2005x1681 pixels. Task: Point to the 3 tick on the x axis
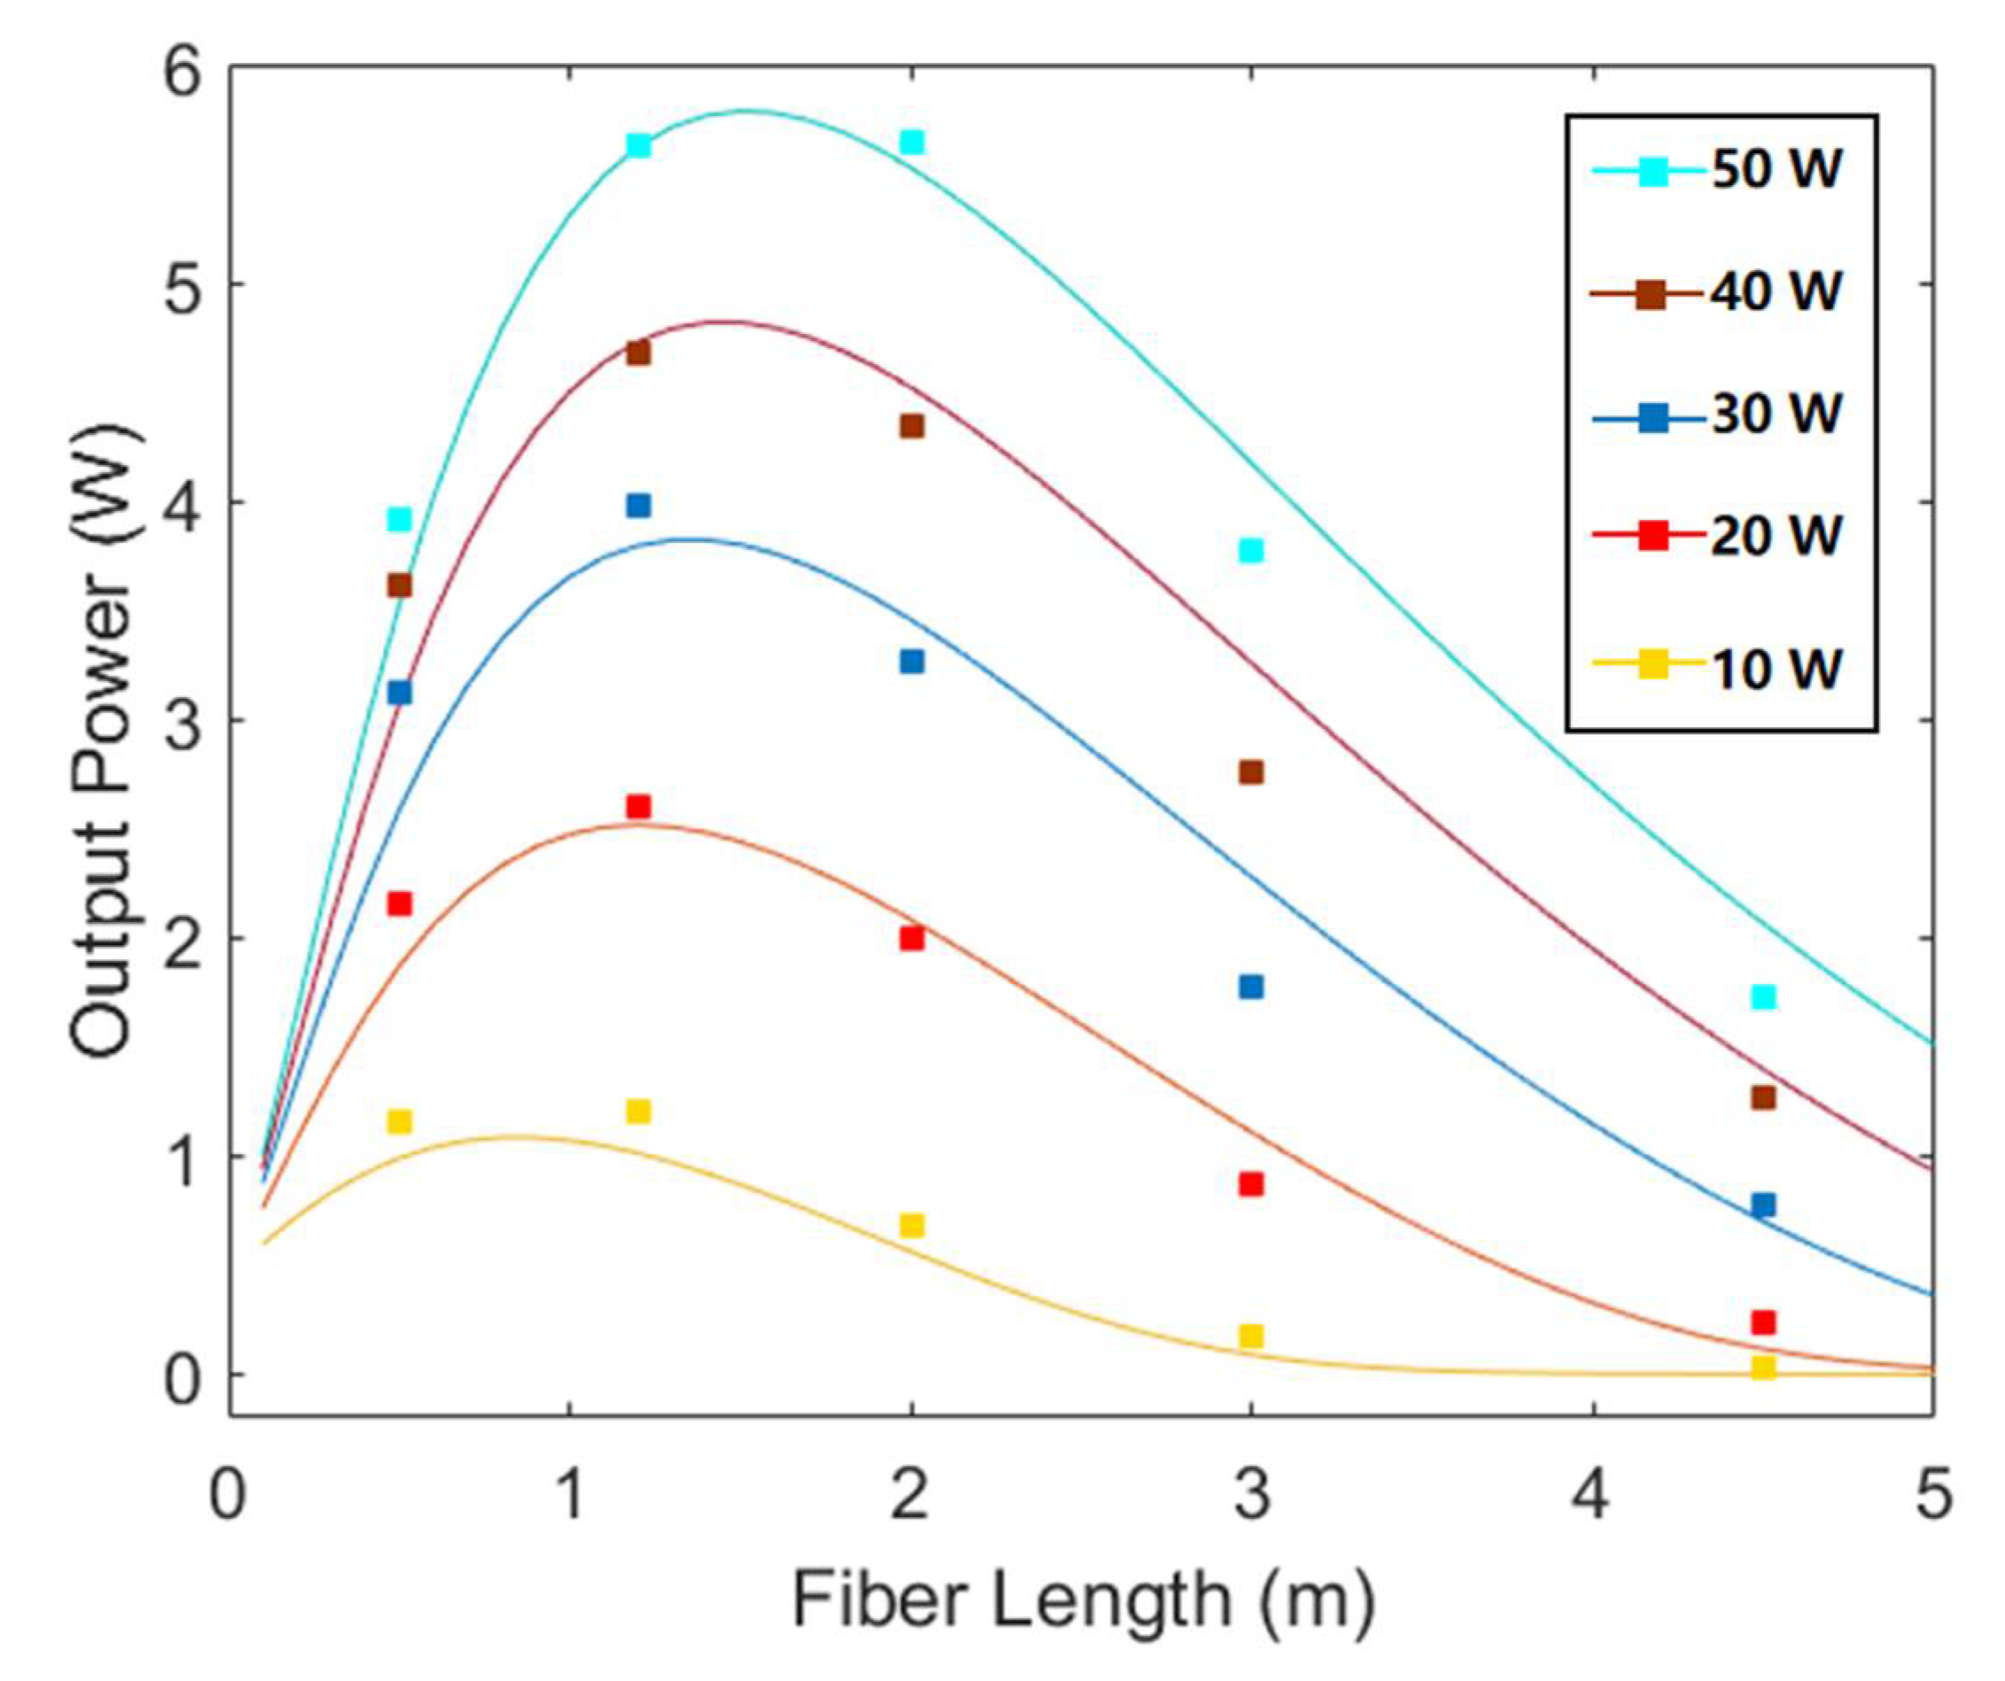click(1252, 1497)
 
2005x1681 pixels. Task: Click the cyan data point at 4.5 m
click(1763, 997)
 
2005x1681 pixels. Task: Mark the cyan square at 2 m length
click(912, 143)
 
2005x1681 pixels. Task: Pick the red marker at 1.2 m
click(639, 807)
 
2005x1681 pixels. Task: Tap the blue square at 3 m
click(1251, 987)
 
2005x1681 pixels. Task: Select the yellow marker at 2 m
click(912, 1226)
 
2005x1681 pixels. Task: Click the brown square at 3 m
click(1251, 772)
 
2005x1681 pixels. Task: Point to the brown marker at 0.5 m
click(399, 585)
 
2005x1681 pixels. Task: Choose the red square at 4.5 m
click(1763, 1322)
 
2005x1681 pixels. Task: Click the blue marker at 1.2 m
click(639, 505)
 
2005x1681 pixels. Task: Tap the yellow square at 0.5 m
click(399, 1120)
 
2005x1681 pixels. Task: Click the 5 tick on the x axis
click(1933, 1497)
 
